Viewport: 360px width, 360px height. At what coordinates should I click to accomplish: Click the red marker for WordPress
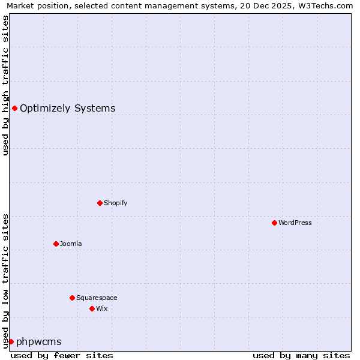(274, 223)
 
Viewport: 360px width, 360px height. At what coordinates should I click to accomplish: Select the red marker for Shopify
(100, 203)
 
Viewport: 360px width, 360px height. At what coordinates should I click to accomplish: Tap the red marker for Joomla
(56, 244)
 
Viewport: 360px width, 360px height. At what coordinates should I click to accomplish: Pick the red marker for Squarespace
(72, 298)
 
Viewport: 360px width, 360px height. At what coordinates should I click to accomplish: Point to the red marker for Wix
(92, 308)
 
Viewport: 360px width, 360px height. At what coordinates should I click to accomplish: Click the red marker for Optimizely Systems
(14, 108)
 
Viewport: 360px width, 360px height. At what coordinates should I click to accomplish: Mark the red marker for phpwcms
(11, 341)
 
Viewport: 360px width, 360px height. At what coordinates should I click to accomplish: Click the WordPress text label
(295, 223)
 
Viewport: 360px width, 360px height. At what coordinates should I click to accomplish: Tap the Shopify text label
(116, 203)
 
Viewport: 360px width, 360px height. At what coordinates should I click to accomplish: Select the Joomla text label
(71, 244)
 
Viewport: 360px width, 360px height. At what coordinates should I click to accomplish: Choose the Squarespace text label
(97, 298)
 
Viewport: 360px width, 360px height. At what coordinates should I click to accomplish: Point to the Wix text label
(102, 308)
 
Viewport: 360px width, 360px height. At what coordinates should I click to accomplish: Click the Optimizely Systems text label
(68, 108)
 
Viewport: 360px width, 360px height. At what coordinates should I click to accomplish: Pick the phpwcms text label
(39, 341)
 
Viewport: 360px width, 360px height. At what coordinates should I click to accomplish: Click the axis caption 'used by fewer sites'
(62, 355)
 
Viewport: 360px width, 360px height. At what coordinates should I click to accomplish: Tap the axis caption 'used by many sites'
(301, 355)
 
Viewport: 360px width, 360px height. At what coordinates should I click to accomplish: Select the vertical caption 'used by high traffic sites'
(5, 86)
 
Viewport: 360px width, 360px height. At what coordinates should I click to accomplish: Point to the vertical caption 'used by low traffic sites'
(5, 280)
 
